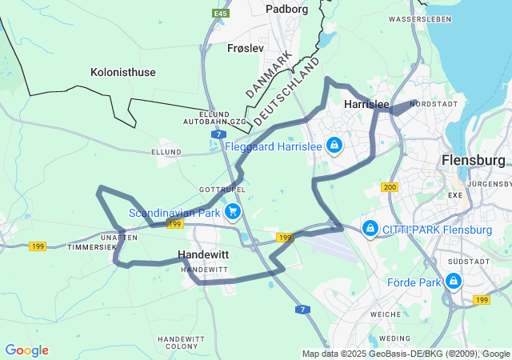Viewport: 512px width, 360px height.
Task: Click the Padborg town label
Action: [x=287, y=10]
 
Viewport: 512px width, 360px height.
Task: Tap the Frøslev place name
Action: [x=246, y=48]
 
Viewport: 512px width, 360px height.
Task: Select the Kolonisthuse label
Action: [x=123, y=72]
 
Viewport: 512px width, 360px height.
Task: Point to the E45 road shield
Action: [x=220, y=14]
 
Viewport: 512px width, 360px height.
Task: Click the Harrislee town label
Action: [x=366, y=105]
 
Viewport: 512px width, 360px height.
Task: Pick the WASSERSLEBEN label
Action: [x=417, y=18]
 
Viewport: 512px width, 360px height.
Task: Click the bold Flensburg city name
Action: [x=474, y=161]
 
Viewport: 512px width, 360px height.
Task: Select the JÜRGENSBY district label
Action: [x=490, y=184]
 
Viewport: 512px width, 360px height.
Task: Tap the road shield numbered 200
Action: [x=390, y=187]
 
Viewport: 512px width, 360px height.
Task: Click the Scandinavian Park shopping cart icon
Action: [x=232, y=212]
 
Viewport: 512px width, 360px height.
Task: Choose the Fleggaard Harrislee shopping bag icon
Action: [x=334, y=146]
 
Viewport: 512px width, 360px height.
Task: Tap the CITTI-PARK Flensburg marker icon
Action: [x=370, y=230]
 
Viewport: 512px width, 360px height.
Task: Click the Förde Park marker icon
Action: [x=454, y=282]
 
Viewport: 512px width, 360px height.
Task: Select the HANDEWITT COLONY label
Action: [x=182, y=342]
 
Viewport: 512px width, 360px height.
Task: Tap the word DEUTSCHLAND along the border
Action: [x=287, y=90]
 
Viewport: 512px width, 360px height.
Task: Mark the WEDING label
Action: [x=399, y=338]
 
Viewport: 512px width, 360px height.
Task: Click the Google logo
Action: [x=26, y=350]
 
